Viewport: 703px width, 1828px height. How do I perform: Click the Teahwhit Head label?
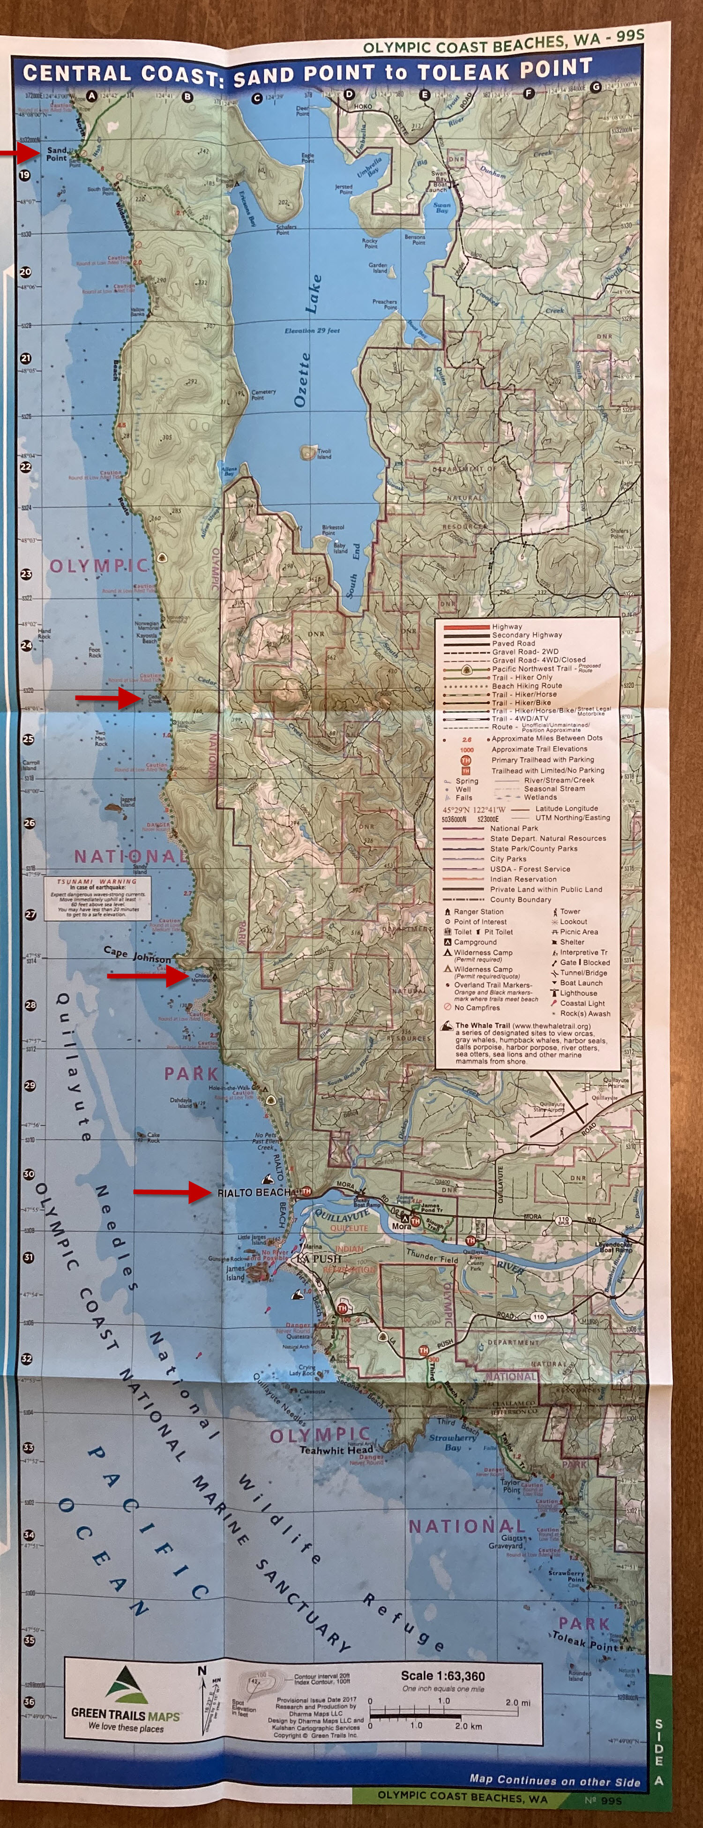336,1450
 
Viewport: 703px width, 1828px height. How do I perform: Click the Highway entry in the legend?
507,627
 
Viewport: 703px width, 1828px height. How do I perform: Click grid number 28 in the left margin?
30,1005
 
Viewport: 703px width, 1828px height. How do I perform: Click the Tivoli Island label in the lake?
323,453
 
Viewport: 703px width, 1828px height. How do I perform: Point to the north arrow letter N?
202,1671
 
